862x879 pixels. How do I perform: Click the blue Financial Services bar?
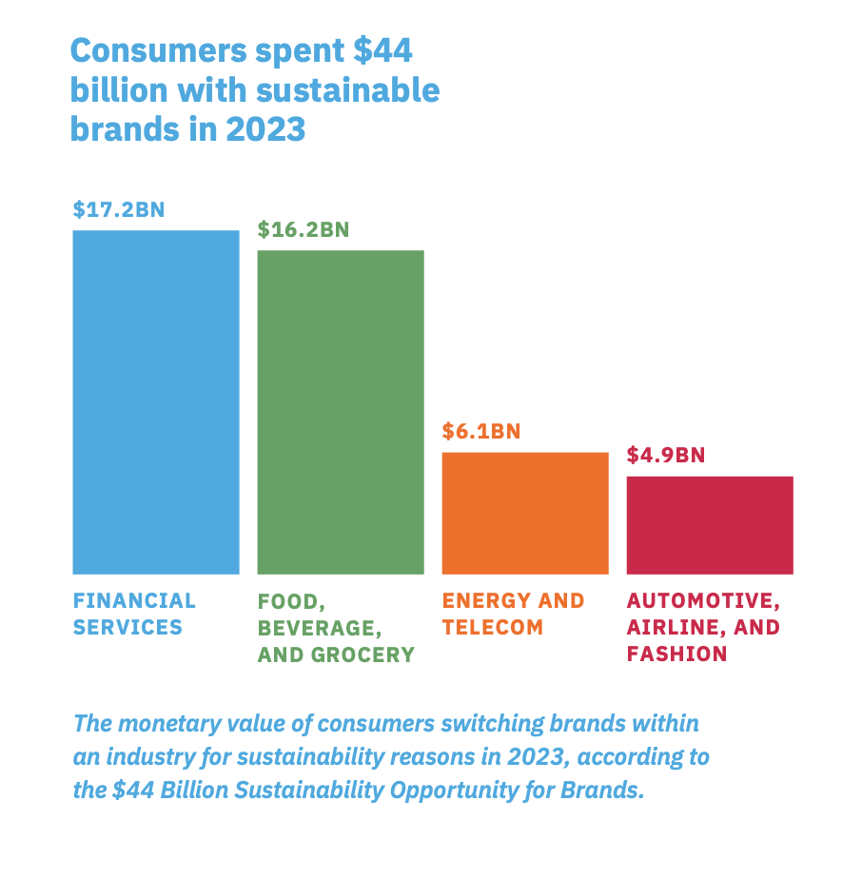[x=156, y=401]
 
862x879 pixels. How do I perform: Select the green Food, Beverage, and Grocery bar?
[x=341, y=412]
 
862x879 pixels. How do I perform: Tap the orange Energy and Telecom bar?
[x=525, y=513]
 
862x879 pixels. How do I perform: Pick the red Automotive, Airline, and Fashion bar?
[x=710, y=525]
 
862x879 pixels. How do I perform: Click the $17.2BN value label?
[x=119, y=209]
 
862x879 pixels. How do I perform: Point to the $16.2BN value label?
[x=304, y=229]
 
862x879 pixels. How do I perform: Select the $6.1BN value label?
[x=481, y=431]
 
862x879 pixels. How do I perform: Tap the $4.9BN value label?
[x=666, y=455]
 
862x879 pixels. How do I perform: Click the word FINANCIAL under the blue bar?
[x=134, y=601]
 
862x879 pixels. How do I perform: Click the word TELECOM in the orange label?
[x=493, y=628]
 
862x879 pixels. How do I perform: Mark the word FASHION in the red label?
[x=676, y=654]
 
